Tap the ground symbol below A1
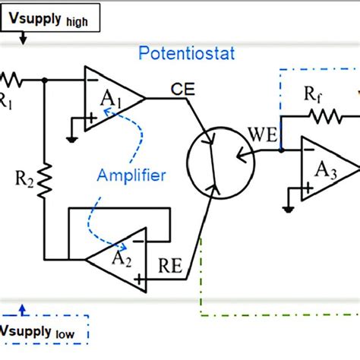71,138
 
